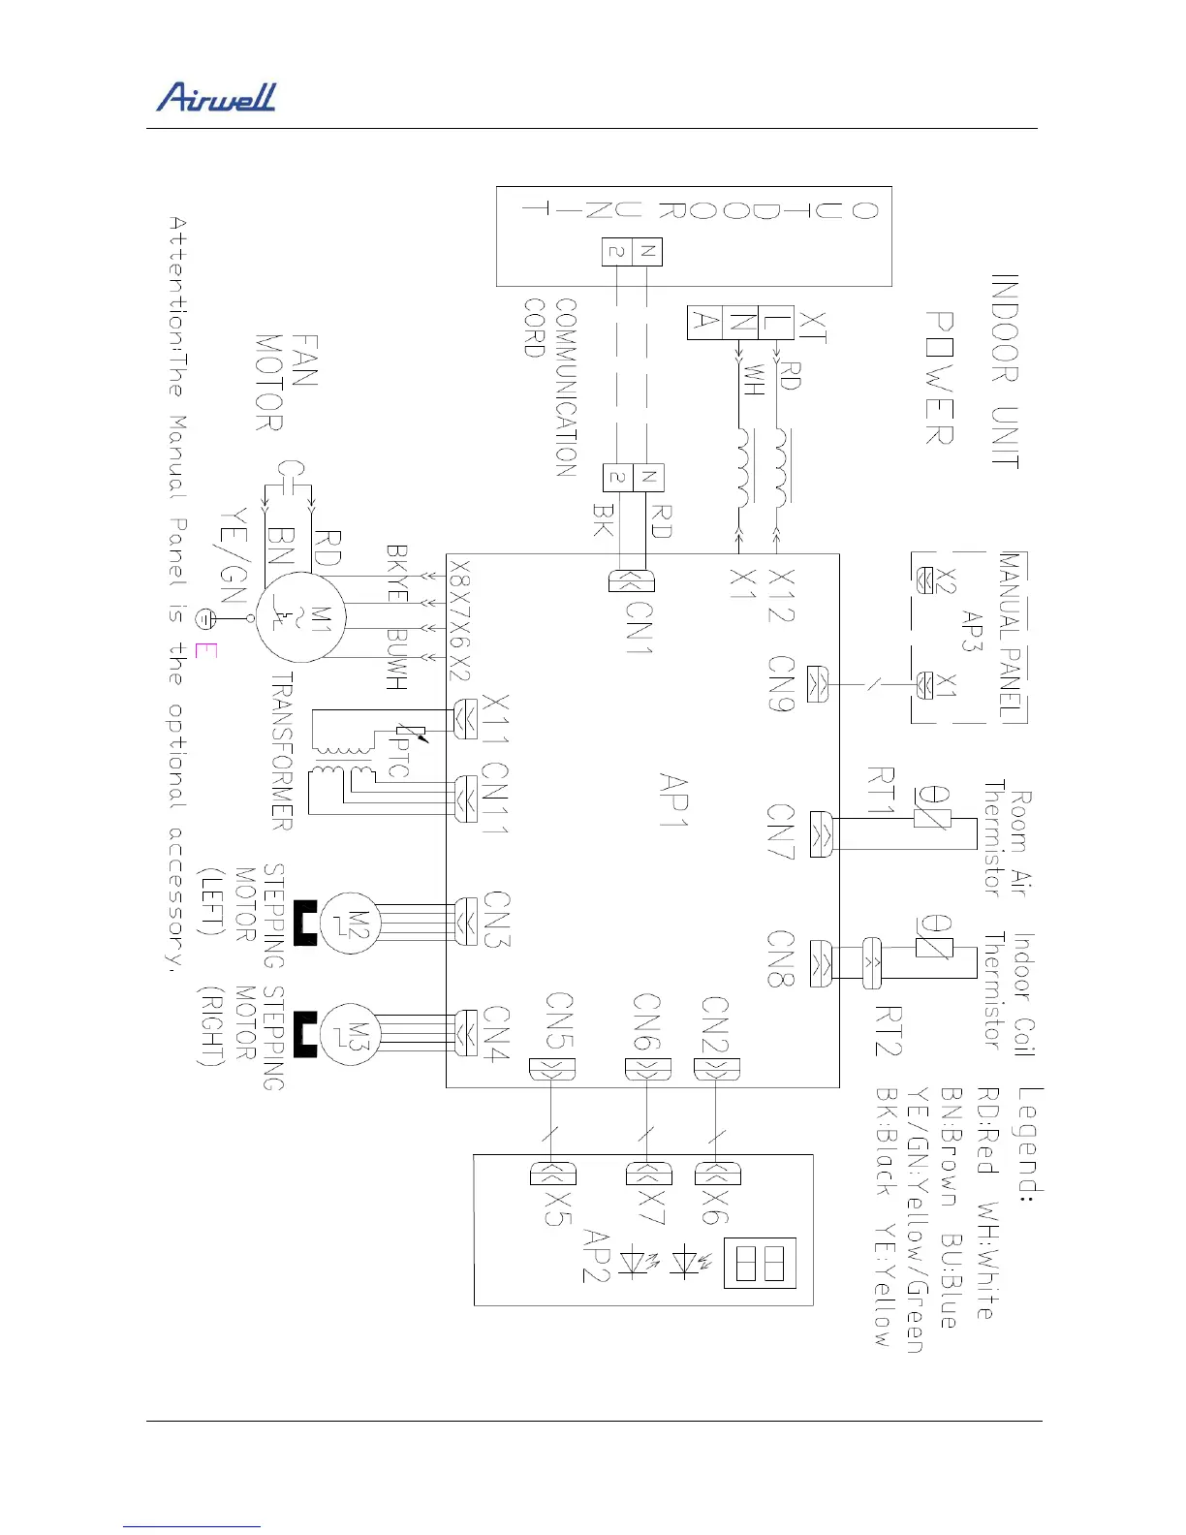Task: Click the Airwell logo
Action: click(x=216, y=97)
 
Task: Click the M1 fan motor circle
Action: click(x=301, y=617)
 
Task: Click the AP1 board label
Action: click(x=673, y=800)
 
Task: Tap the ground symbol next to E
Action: click(x=205, y=617)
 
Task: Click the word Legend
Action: click(x=1030, y=1144)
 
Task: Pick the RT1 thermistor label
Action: click(x=881, y=792)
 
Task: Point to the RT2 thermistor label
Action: click(x=888, y=1030)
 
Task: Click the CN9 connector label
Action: click(x=782, y=684)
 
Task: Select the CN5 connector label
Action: click(x=560, y=1020)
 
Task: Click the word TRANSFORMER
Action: click(x=281, y=750)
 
